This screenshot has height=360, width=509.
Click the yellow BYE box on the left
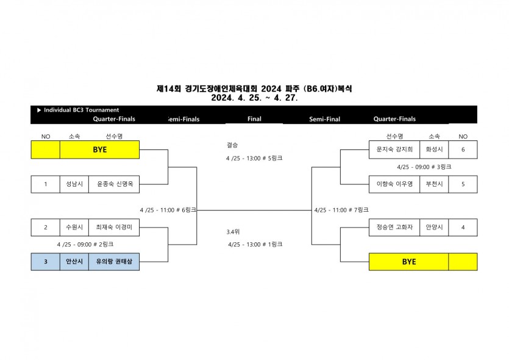coord(99,149)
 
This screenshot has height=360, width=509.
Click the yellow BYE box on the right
coord(409,262)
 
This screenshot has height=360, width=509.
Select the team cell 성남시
coord(74,184)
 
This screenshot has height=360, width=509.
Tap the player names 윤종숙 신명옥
coord(114,184)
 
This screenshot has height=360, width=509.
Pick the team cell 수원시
coord(74,228)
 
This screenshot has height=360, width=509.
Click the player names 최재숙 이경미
coord(114,228)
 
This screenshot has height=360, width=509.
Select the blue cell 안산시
coord(74,262)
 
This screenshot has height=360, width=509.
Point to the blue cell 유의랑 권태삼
coord(114,262)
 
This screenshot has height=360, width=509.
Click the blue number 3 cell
coord(46,262)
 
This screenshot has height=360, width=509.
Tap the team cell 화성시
coord(434,149)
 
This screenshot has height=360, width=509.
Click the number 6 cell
coord(463,149)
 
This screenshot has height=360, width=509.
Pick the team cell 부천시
coord(434,184)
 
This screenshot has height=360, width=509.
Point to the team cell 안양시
coord(434,228)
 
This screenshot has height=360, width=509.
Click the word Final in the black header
coord(254,119)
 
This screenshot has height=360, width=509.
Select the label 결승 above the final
coord(232,145)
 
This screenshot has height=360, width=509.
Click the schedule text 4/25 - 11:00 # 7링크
coord(341,210)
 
